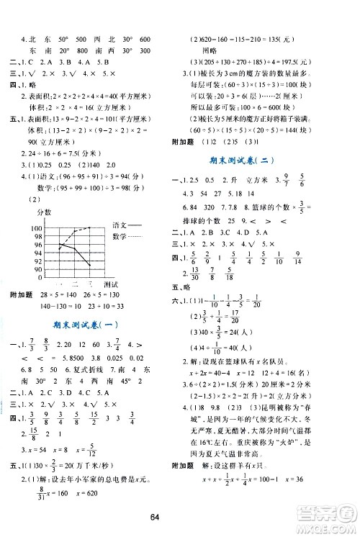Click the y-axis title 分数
pyautogui.click(x=35, y=214)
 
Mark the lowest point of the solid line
pyautogui.click(x=89, y=266)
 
